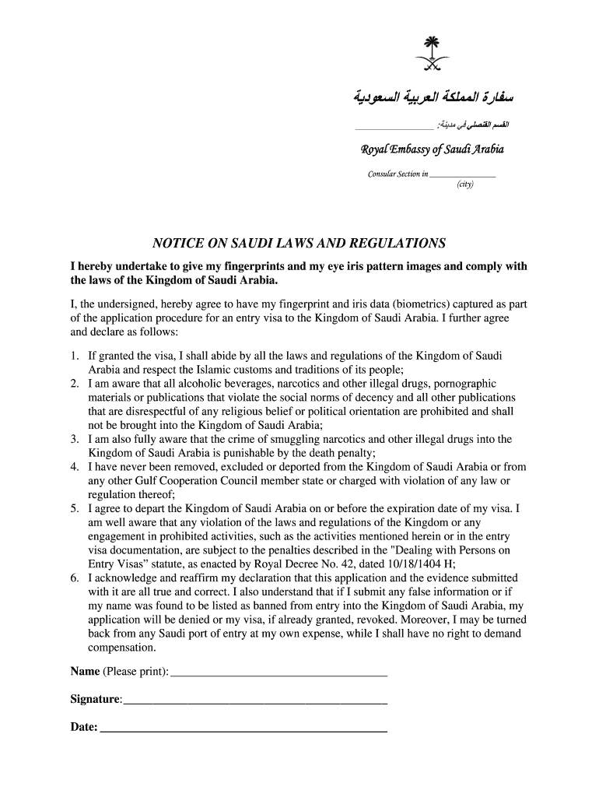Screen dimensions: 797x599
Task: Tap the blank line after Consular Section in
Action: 462,175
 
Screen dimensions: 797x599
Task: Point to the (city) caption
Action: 464,184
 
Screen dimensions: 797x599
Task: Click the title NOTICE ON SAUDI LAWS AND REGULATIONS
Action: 299,242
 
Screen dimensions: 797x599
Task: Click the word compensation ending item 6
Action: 122,648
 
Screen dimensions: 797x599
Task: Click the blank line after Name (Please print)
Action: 278,672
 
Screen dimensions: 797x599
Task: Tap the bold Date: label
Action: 84,728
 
